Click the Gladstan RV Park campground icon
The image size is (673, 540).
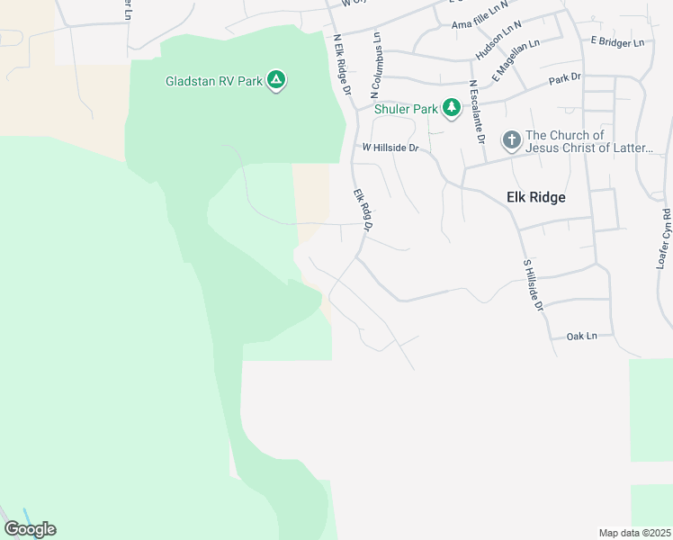[x=277, y=81]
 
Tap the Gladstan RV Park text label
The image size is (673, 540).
[x=214, y=81]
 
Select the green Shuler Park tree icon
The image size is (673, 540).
[x=452, y=109]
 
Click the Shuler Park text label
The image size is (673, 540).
[x=407, y=109]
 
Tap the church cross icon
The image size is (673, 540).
[x=511, y=139]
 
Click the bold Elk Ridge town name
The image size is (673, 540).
[x=531, y=197]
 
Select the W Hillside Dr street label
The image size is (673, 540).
[x=390, y=147]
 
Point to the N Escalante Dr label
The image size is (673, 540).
[x=473, y=107]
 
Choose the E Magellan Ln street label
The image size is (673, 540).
[x=515, y=60]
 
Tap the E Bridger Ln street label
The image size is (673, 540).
[x=618, y=42]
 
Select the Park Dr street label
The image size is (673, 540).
[x=565, y=80]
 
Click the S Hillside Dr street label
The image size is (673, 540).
[x=534, y=286]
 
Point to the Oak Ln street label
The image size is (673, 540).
[x=582, y=336]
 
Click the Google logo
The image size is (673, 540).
[x=30, y=529]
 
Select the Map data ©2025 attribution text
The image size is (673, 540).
[x=634, y=533]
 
